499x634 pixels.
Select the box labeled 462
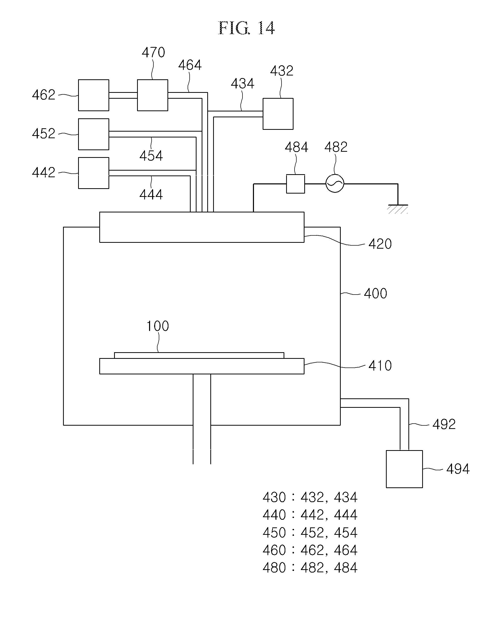tap(93, 95)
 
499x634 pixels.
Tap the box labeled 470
tap(152, 95)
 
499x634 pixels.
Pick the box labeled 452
tap(93, 134)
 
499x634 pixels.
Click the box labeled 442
tap(93, 173)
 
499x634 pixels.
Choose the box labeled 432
tap(278, 114)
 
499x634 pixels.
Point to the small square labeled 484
tap(295, 184)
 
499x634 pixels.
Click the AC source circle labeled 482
tap(335, 184)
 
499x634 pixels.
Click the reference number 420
tap(380, 244)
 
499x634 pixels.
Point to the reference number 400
tap(375, 293)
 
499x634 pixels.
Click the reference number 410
tap(380, 366)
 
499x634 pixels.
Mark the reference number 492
tap(444, 424)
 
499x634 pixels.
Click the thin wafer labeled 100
tap(199, 355)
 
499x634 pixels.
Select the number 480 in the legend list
tap(274, 568)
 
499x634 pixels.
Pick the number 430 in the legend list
tap(274, 497)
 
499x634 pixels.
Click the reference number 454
tap(151, 156)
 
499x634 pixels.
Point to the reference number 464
tap(190, 65)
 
